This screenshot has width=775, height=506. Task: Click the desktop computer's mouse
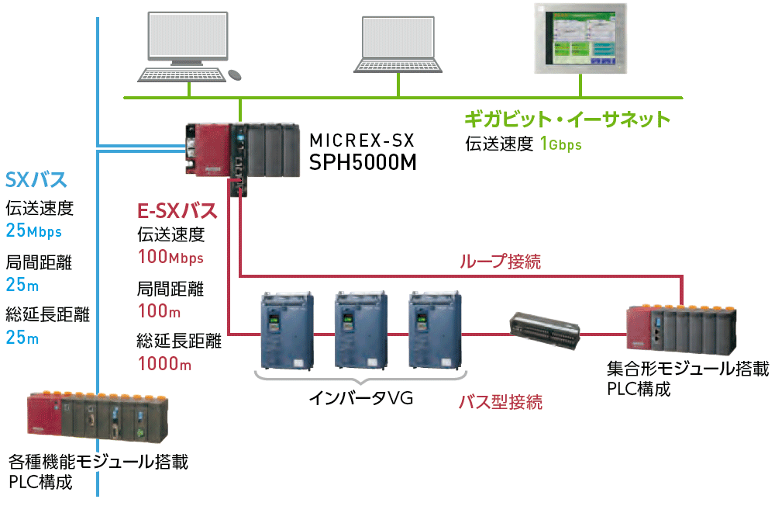click(234, 75)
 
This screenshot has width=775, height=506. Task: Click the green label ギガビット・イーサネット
click(567, 120)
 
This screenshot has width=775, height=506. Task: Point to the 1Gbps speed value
click(560, 144)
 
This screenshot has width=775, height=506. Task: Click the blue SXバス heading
click(36, 180)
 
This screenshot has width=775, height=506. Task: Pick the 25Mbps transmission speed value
click(33, 231)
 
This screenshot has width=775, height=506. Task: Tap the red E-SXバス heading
click(177, 210)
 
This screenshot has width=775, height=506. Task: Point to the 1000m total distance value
click(164, 362)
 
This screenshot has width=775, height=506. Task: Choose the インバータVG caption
click(360, 399)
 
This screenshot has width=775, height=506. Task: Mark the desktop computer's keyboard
click(181, 74)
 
